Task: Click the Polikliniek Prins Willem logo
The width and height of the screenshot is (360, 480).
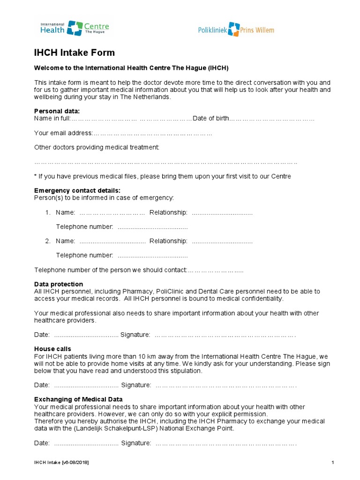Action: coord(236,30)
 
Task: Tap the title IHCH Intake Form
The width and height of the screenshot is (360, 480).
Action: coord(75,53)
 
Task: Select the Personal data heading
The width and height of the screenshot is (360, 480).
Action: coord(57,111)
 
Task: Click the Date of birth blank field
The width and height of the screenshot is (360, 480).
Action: coord(271,119)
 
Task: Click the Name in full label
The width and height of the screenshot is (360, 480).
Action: coord(52,119)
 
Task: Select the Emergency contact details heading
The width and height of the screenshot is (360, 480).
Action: coord(77,190)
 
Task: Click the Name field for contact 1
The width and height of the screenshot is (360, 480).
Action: coord(112,213)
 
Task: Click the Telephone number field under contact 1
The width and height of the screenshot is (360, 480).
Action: coord(152,227)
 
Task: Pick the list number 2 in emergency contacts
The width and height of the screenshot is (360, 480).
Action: coord(47,241)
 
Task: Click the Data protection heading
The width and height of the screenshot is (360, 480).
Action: coord(59,284)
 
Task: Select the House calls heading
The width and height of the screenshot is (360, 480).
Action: coord(52,349)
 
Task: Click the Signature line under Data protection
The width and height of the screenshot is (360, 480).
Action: coord(225,335)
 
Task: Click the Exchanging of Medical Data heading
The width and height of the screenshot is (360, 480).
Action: coord(79,399)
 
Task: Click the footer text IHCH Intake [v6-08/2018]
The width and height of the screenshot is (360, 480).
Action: coord(61,463)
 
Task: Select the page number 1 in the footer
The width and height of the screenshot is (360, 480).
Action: coord(332,463)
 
